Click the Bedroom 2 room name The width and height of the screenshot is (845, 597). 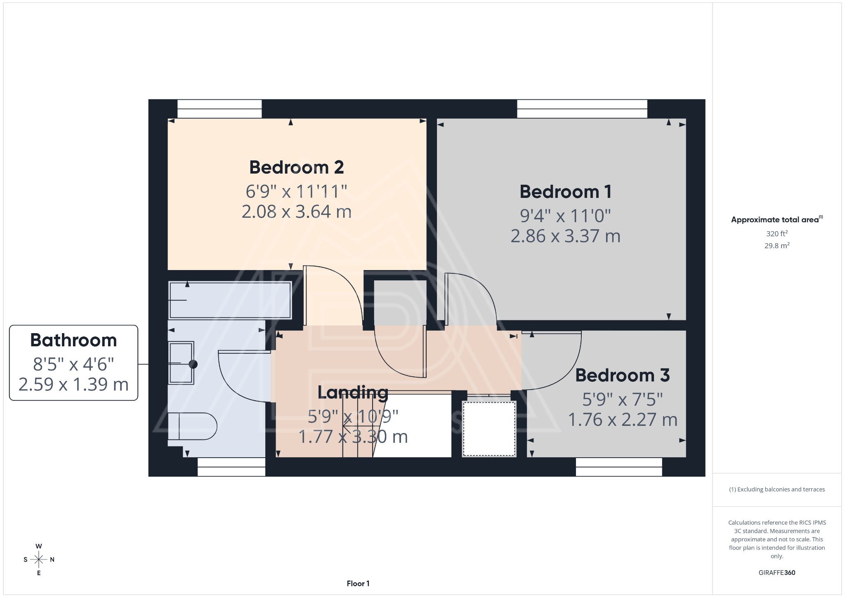296,167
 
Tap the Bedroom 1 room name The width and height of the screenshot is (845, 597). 565,192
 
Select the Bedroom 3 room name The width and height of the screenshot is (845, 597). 622,375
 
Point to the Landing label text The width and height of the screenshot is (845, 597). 353,393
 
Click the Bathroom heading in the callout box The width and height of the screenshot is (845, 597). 73,341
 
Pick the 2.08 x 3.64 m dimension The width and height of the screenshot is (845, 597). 296,212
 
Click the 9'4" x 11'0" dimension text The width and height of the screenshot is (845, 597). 565,216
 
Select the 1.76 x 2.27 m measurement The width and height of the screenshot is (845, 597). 622,420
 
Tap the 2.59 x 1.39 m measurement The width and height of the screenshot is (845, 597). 73,385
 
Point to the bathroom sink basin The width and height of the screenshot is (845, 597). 181,363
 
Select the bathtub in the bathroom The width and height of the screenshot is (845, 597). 230,300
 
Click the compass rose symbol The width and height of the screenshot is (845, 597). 39,559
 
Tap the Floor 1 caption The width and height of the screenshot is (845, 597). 358,583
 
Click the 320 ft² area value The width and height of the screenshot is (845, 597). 777,234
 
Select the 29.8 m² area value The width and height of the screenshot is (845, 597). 777,246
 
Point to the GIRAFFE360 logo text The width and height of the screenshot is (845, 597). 777,573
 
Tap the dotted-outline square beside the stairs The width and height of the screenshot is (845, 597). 489,428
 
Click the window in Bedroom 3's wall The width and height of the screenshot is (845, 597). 618,467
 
